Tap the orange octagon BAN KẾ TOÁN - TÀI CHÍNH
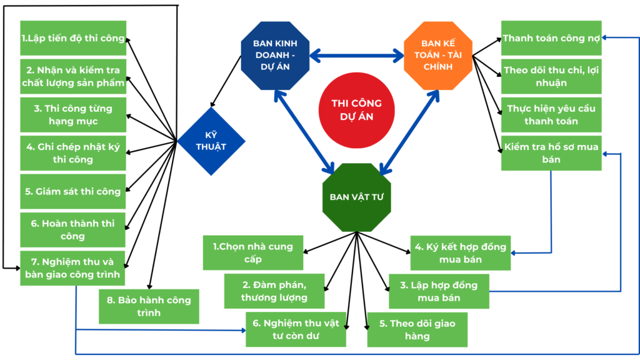[438, 56]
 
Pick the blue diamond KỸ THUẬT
[211, 141]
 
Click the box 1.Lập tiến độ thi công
[73, 39]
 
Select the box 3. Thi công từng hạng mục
[73, 114]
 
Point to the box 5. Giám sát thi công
[73, 191]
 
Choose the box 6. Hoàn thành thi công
[73, 229]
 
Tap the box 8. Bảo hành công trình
[149, 306]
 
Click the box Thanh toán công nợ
[551, 38]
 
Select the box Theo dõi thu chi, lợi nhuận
[551, 76]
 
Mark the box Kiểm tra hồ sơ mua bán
[551, 153]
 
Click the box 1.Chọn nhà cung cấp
[252, 252]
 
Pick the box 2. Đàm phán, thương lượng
[274, 291]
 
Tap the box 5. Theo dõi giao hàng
[417, 329]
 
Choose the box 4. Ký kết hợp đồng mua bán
[460, 252]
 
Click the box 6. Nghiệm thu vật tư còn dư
[296, 329]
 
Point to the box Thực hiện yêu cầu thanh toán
[551, 114]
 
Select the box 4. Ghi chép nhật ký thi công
[73, 153]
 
